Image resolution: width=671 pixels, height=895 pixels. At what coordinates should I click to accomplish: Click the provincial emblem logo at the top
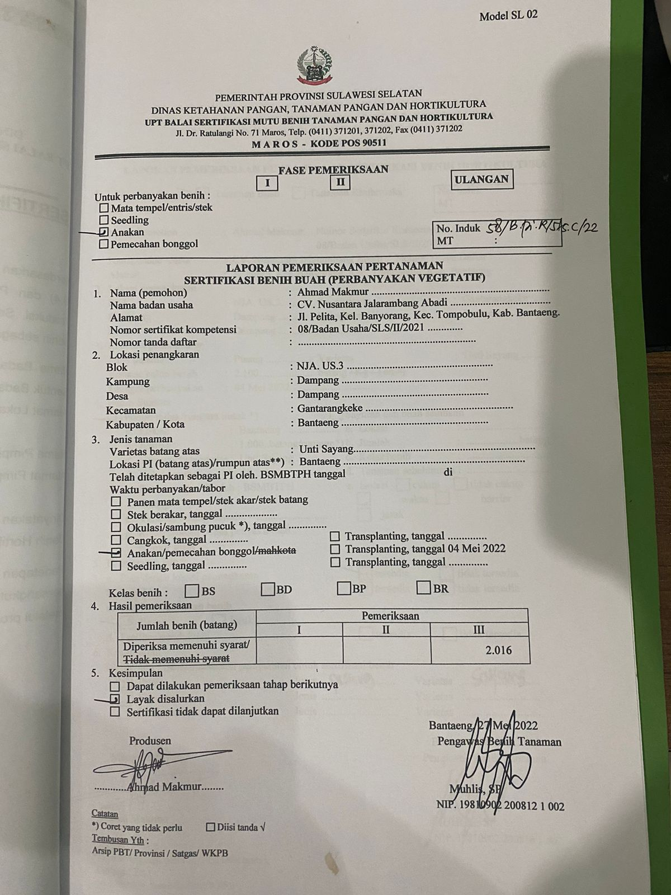314,63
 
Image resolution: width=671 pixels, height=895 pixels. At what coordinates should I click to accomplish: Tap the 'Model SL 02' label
508,15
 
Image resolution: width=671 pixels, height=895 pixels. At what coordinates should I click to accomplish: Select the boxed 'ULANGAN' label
481,180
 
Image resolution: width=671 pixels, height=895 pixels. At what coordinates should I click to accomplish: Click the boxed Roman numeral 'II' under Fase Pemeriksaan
340,182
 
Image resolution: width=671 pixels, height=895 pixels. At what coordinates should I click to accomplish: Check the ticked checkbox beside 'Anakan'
103,232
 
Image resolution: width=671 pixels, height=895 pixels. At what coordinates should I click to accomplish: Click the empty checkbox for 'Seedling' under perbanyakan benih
103,220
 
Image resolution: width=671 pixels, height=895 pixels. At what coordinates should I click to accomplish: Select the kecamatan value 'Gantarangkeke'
330,409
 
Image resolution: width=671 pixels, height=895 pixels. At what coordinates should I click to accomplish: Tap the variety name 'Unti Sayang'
327,449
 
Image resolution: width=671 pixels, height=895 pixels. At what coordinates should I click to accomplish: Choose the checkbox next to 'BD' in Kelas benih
268,589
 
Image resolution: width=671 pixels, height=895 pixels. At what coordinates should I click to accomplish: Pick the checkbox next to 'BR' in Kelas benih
424,588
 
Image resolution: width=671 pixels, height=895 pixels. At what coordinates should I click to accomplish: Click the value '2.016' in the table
498,650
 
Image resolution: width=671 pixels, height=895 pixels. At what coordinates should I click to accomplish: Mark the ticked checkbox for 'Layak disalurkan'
115,699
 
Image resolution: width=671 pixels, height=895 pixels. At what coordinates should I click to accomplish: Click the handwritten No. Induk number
541,228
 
